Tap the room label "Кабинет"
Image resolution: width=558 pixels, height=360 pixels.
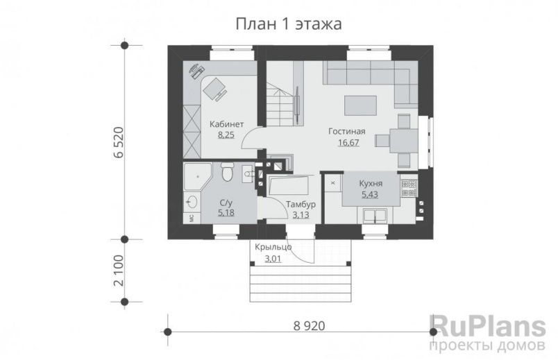pos(226,125)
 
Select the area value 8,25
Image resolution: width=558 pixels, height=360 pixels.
pos(226,135)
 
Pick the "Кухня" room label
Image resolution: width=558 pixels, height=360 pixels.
pos(372,185)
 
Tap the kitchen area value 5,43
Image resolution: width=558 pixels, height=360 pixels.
pos(372,195)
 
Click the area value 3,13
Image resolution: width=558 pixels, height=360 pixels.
pos(301,215)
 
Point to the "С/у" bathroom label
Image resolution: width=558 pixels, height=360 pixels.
pos(226,203)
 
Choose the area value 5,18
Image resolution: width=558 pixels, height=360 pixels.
pos(226,213)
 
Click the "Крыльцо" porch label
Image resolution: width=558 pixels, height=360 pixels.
pos(273,248)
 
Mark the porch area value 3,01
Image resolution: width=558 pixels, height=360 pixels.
pos(273,259)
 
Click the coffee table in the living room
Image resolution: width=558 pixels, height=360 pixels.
pos(360,104)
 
